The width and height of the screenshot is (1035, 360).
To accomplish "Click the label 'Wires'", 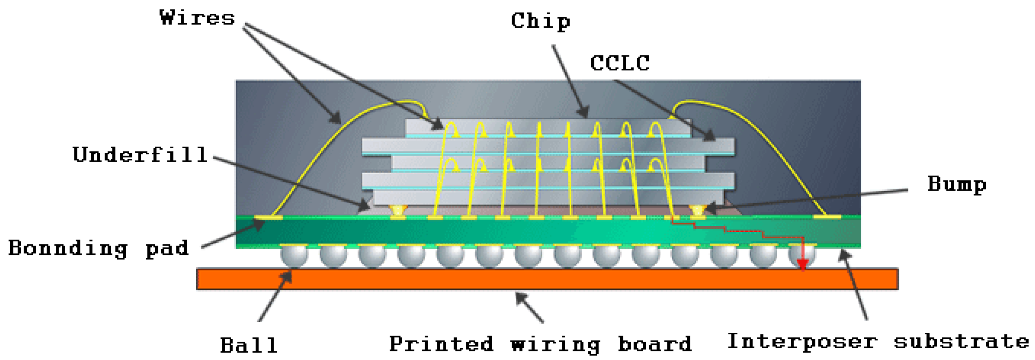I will pyautogui.click(x=197, y=18).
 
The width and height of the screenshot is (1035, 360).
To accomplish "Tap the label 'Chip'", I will pyautogui.click(x=540, y=21).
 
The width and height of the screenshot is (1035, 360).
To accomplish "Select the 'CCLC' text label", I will pyautogui.click(x=619, y=63).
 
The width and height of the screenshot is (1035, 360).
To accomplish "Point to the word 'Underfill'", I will pyautogui.click(x=140, y=155).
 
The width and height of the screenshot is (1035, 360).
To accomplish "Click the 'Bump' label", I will pyautogui.click(x=957, y=184).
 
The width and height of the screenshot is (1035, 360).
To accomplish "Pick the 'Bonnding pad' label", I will pyautogui.click(x=99, y=248).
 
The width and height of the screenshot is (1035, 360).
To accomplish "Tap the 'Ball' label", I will pyautogui.click(x=249, y=345).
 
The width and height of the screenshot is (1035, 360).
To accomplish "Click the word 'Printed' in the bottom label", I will pyautogui.click(x=441, y=344).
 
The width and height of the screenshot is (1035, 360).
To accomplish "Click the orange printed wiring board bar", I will pyautogui.click(x=547, y=279).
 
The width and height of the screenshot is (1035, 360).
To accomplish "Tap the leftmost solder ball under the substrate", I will pyautogui.click(x=294, y=256).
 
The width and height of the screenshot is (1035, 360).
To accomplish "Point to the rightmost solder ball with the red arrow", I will pyautogui.click(x=801, y=255).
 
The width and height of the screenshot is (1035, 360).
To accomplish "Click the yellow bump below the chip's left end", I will pyautogui.click(x=398, y=211).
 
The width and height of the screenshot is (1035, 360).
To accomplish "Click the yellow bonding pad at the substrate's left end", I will pyautogui.click(x=268, y=217).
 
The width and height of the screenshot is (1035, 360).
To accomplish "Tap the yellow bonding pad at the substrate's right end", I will pyautogui.click(x=827, y=217).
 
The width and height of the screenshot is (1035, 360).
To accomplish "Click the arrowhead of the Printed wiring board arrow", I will pyautogui.click(x=520, y=297).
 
